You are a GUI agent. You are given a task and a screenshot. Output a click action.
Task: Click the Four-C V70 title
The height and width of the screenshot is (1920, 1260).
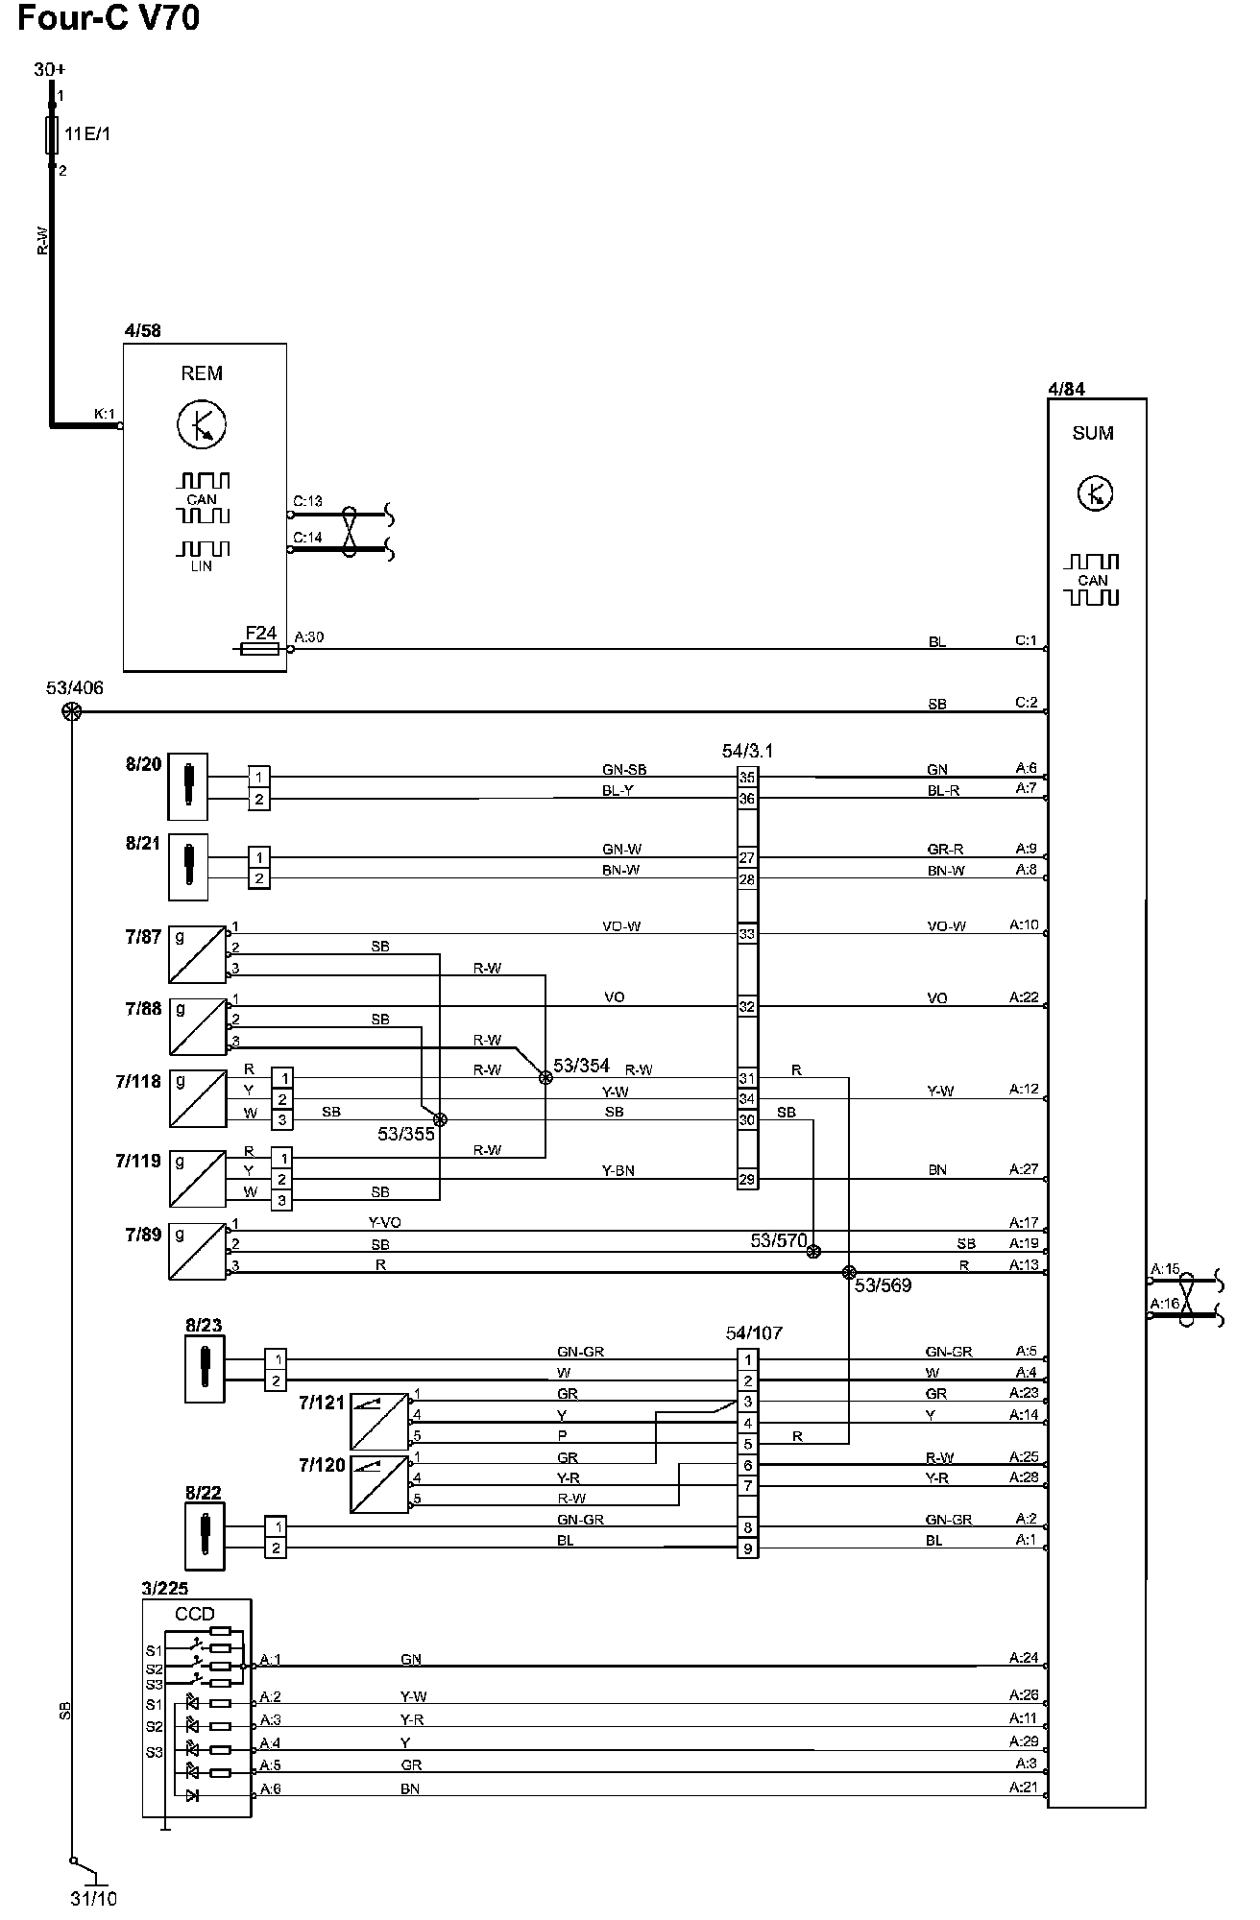click(x=109, y=17)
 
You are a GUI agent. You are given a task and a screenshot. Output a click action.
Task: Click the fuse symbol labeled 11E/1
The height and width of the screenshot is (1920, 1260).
click(x=53, y=134)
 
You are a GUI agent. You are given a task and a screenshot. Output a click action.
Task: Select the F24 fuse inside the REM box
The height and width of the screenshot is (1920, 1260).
click(x=260, y=649)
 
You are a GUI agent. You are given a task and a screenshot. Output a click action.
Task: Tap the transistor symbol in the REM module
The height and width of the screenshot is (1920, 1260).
click(x=202, y=423)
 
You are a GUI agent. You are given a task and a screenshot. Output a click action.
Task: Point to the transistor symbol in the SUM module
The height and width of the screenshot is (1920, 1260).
click(x=1095, y=493)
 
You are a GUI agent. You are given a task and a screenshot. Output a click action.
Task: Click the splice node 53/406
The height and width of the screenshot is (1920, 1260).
click(x=71, y=711)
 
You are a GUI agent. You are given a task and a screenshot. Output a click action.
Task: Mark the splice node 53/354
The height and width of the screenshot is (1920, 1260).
click(x=545, y=1077)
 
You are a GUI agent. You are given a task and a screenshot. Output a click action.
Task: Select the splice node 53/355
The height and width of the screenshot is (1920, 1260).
click(x=440, y=1119)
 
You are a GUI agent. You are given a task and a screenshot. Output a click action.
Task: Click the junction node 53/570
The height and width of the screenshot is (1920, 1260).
click(x=813, y=1251)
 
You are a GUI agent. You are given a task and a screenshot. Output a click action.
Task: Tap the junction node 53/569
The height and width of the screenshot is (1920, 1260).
click(x=848, y=1272)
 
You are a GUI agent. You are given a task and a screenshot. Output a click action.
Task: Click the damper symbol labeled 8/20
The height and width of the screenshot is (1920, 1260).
click(x=188, y=786)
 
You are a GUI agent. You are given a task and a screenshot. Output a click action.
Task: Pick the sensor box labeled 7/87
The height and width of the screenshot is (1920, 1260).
click(x=198, y=954)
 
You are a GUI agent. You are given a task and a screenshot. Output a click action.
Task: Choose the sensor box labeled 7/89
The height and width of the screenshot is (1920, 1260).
click(x=198, y=1251)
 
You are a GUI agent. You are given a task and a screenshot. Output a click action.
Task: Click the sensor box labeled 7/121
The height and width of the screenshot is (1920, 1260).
click(x=379, y=1421)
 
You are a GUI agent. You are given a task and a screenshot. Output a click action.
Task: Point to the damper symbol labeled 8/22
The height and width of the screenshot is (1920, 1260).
click(x=205, y=1536)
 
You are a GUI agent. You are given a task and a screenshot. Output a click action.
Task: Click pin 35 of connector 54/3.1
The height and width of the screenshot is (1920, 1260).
click(x=747, y=778)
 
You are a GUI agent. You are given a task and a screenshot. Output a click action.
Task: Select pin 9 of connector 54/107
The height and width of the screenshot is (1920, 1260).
click(x=747, y=1548)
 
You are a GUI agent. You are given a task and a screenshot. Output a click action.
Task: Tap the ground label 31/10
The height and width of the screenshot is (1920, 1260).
click(x=93, y=1899)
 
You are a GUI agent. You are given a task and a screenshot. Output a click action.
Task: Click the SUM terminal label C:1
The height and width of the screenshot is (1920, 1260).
click(x=1027, y=640)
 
